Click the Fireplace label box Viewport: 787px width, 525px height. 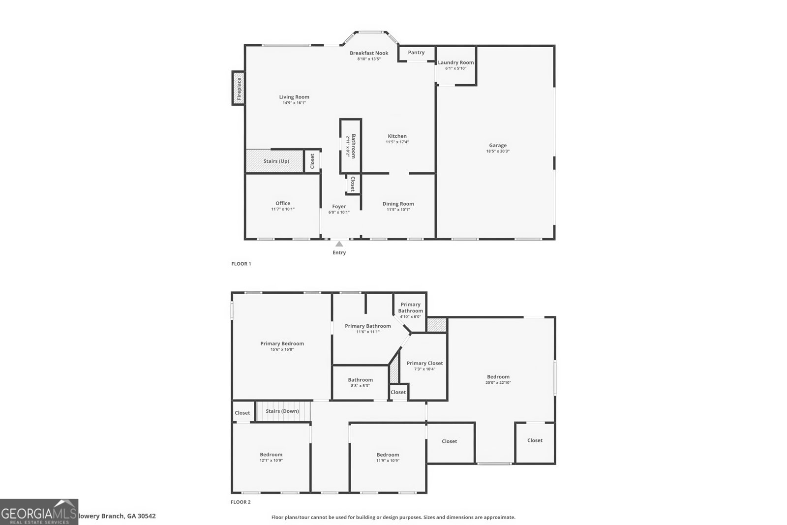[x=239, y=89]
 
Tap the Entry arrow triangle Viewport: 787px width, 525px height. [x=339, y=244]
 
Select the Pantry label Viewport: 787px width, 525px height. [x=416, y=53]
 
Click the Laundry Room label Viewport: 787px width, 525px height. [x=456, y=62]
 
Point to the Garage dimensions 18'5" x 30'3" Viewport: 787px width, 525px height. [x=498, y=152]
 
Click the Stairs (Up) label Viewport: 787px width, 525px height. [x=276, y=161]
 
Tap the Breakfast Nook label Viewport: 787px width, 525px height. [x=369, y=53]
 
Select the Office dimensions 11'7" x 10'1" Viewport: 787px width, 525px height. [x=283, y=209]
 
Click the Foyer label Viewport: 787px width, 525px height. [x=339, y=207]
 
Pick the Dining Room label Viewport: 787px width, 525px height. [x=398, y=204]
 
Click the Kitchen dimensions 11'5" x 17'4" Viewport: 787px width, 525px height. [x=397, y=142]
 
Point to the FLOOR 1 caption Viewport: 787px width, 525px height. [x=241, y=264]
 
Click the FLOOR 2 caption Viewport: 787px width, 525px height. [x=241, y=502]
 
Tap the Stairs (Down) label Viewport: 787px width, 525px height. [x=282, y=411]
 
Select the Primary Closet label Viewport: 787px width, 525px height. [x=424, y=363]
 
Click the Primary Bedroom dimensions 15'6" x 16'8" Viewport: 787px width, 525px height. [x=282, y=350]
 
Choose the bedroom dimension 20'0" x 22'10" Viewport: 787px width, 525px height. [x=498, y=382]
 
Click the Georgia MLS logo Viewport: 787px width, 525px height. [x=39, y=512]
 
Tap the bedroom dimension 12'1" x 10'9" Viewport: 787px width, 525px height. [x=271, y=461]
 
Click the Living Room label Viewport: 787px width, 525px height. [x=294, y=97]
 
